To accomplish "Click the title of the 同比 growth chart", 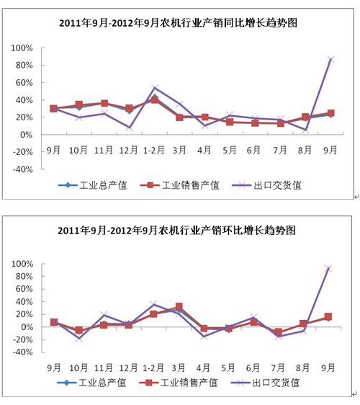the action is (x=178, y=23).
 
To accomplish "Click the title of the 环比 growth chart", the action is (x=177, y=230).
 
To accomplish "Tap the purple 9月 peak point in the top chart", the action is (x=330, y=60).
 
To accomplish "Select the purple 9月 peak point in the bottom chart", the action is (x=328, y=269).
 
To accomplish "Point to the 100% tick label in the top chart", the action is (x=22, y=48).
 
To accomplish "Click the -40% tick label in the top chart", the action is (x=23, y=169).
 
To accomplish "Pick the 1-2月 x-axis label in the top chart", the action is (x=154, y=150).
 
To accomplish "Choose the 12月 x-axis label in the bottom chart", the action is (x=128, y=368).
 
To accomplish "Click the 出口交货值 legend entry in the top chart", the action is (x=266, y=185).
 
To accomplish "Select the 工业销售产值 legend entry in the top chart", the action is (x=179, y=185).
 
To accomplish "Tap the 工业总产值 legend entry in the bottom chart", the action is (x=91, y=383).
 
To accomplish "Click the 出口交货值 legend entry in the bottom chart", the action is (x=265, y=383).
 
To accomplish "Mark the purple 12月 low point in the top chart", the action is (x=129, y=128).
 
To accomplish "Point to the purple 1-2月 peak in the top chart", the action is (x=154, y=88).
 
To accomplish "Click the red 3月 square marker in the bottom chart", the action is (x=179, y=306).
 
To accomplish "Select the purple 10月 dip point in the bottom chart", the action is (x=79, y=338).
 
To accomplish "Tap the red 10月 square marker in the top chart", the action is (x=79, y=104).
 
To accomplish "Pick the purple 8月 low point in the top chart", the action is (x=305, y=130).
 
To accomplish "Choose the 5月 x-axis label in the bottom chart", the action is (x=228, y=368).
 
